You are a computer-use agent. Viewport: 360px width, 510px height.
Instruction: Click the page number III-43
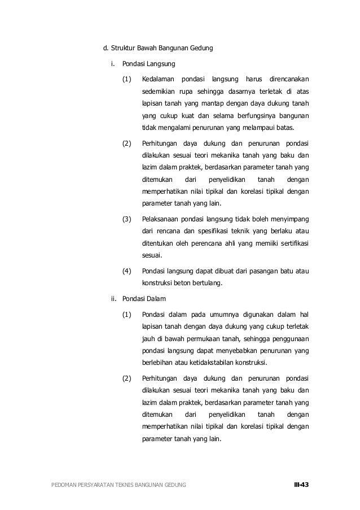301,485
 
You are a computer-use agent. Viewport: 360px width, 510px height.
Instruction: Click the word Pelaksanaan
162,219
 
